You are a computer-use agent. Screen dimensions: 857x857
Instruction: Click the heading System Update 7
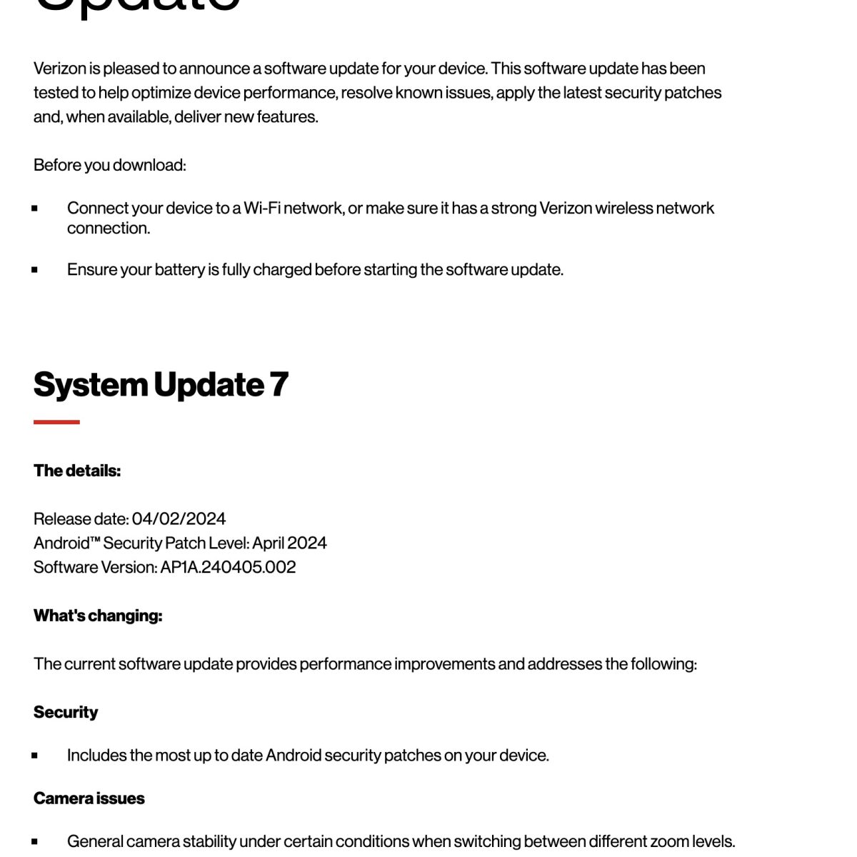pyautogui.click(x=161, y=385)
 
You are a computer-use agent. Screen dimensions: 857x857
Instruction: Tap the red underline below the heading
pyautogui.click(x=56, y=422)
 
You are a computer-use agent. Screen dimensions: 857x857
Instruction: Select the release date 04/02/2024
pyautogui.click(x=179, y=518)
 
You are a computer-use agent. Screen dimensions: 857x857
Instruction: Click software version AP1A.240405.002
pyautogui.click(x=228, y=567)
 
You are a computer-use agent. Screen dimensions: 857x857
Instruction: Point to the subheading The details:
pyautogui.click(x=77, y=471)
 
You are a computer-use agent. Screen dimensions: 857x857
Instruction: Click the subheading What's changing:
pyautogui.click(x=98, y=616)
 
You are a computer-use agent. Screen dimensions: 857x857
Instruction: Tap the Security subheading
pyautogui.click(x=66, y=712)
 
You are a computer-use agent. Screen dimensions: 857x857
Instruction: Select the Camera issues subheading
pyautogui.click(x=89, y=798)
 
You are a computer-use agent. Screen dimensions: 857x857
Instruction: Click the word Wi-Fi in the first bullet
pyautogui.click(x=261, y=208)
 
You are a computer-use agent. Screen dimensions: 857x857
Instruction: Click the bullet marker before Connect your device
pyautogui.click(x=34, y=209)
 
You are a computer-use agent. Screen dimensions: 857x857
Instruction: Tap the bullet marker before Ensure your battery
pyautogui.click(x=34, y=270)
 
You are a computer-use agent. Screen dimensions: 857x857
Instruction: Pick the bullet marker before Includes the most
pyautogui.click(x=34, y=756)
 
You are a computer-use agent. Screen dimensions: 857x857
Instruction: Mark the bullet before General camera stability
pyautogui.click(x=34, y=842)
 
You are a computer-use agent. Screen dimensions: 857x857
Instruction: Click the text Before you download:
pyautogui.click(x=109, y=165)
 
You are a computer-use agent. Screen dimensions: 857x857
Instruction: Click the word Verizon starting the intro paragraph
pyautogui.click(x=60, y=69)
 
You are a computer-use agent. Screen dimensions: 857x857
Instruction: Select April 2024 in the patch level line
pyautogui.click(x=289, y=543)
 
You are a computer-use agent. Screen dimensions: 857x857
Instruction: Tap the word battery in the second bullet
pyautogui.click(x=179, y=270)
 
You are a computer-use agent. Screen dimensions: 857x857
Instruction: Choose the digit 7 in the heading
pyautogui.click(x=279, y=385)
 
